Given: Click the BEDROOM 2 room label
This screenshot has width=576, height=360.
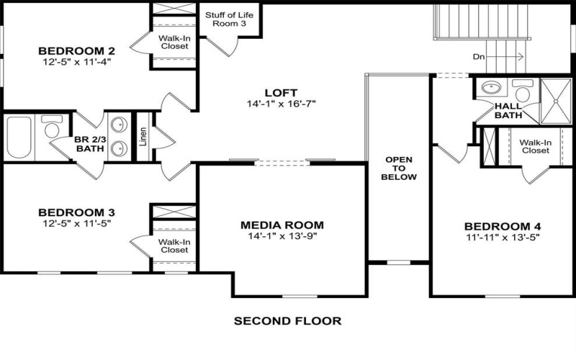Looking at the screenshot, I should point(76,50).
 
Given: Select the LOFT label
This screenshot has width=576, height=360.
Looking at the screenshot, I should point(281,92).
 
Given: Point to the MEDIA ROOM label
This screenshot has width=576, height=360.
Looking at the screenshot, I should point(282,224).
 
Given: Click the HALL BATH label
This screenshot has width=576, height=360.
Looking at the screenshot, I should point(508,110).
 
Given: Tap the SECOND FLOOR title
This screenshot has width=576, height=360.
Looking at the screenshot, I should point(287,320).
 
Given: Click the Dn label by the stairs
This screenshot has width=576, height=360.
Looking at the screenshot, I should point(479,56).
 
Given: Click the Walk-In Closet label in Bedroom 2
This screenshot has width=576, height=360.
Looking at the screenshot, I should point(174,42).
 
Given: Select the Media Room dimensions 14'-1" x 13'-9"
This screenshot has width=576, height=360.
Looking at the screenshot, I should point(282,235).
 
